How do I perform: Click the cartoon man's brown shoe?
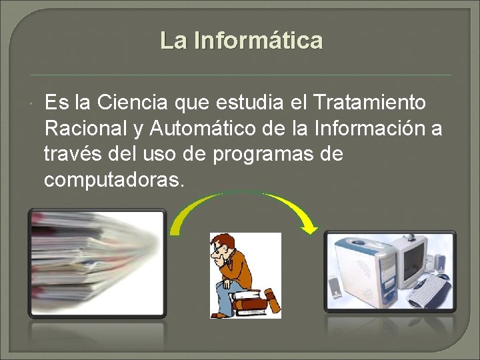(220, 314)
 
